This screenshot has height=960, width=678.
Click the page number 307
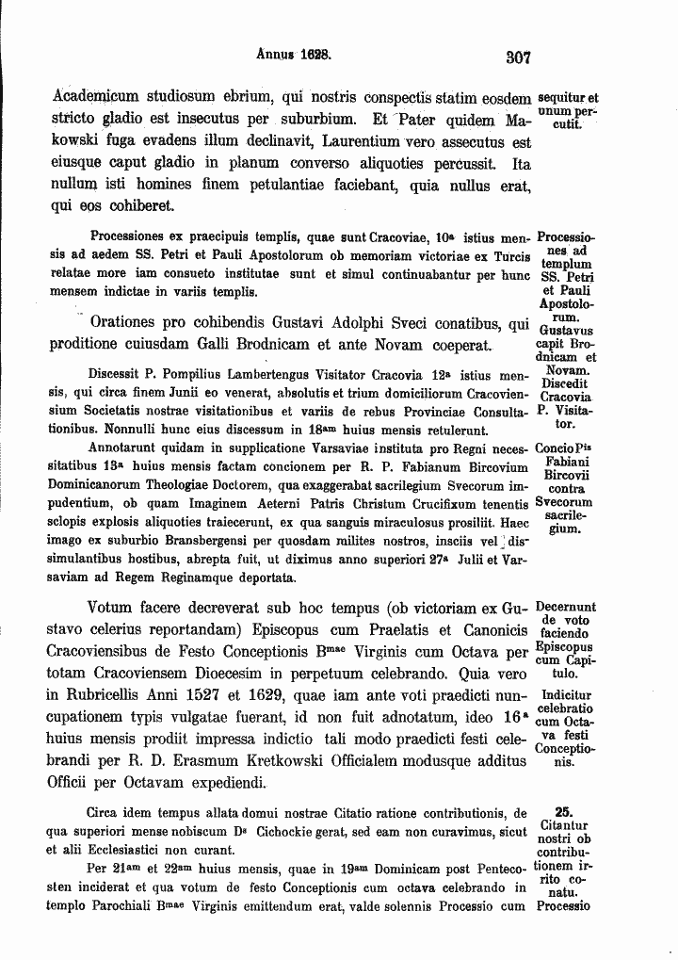[x=519, y=57]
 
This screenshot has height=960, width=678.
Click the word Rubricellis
[x=120, y=696]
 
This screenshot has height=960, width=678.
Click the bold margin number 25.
[x=563, y=810]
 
